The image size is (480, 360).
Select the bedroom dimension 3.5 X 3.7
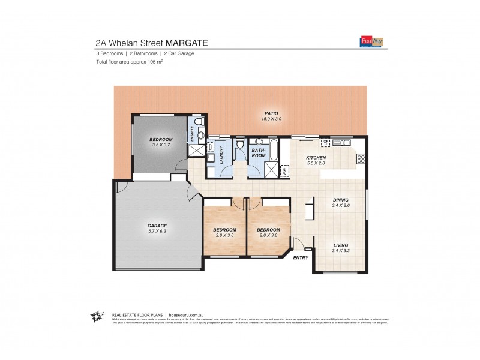161,145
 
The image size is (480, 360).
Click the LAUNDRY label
221,155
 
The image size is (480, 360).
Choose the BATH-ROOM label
258,153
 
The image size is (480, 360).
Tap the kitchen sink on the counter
344,142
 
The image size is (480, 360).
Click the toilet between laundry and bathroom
239,144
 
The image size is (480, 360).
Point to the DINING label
341,200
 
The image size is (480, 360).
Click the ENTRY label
300,257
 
